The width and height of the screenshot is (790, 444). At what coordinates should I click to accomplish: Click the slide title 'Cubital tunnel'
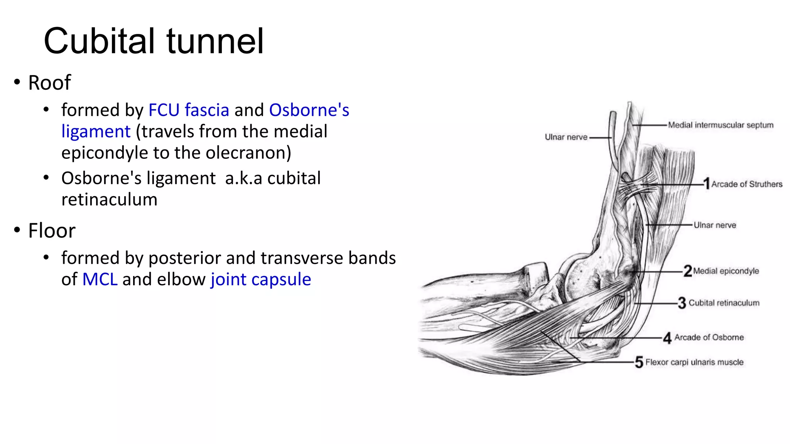[154, 41]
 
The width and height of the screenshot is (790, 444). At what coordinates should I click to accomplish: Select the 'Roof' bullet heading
[49, 82]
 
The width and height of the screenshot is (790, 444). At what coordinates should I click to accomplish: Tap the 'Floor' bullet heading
[52, 231]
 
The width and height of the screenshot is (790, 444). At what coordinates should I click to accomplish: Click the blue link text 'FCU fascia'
[189, 110]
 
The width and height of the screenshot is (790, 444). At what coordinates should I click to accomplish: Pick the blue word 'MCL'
[100, 279]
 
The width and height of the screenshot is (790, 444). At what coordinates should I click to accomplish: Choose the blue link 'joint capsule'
[261, 279]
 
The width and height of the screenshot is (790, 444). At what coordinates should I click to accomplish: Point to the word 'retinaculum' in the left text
[109, 200]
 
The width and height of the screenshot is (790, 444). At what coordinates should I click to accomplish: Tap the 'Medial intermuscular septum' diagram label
[721, 125]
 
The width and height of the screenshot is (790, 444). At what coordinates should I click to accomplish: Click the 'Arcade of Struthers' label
[747, 184]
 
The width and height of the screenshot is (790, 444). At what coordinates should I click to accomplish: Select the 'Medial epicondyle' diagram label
[726, 271]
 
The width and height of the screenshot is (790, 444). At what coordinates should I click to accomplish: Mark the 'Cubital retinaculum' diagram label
[724, 303]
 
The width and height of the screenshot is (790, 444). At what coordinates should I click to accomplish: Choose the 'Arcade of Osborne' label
[709, 338]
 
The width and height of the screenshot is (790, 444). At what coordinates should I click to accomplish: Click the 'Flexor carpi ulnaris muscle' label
[694, 362]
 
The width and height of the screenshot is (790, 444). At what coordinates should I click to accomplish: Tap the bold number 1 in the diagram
[707, 183]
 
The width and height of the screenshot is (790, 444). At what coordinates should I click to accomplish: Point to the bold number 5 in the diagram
[639, 362]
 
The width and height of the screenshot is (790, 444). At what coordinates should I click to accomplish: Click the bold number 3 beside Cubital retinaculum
[682, 303]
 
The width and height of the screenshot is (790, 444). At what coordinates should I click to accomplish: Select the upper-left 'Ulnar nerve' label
[566, 137]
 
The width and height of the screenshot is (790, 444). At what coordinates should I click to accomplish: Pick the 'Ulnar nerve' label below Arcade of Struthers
[715, 225]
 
